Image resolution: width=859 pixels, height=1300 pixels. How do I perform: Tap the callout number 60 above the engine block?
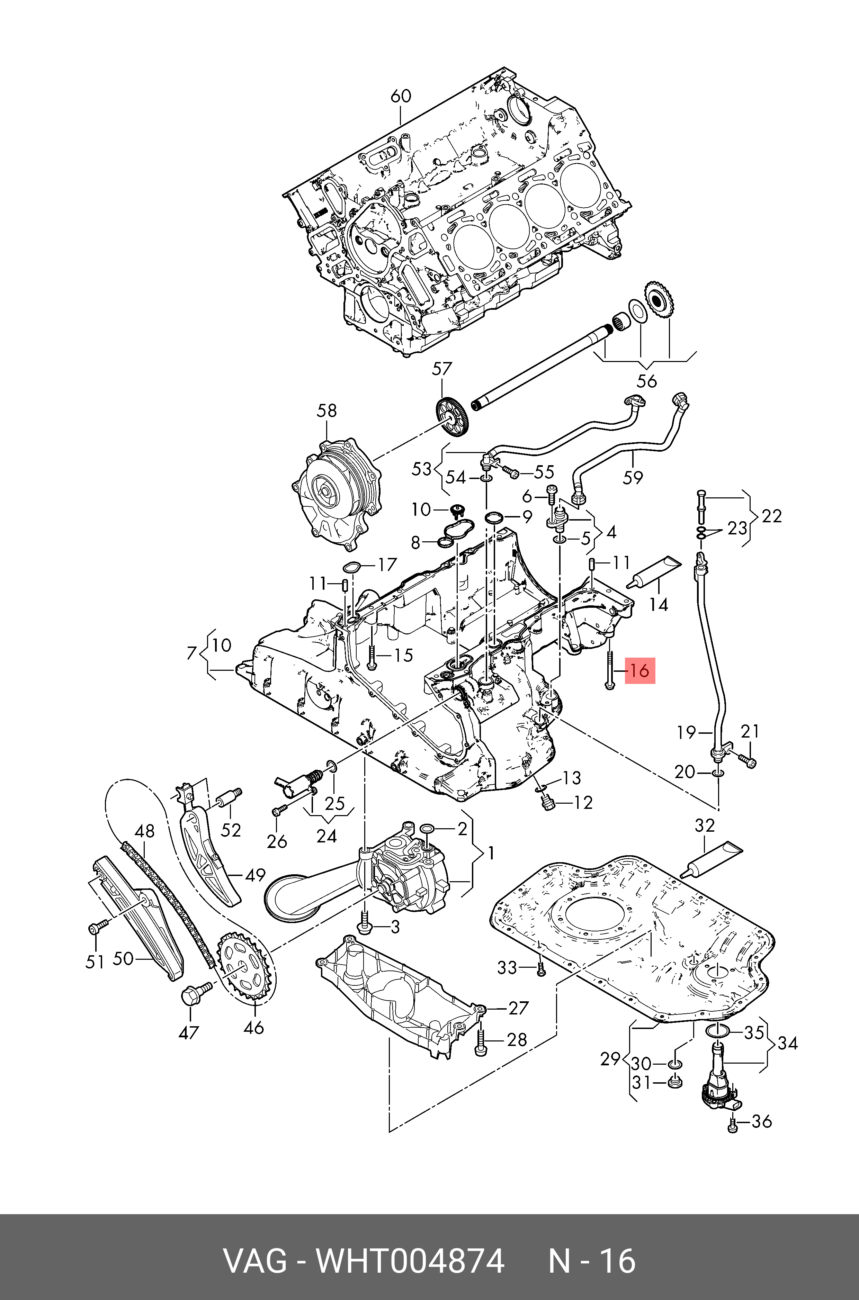pyautogui.click(x=401, y=96)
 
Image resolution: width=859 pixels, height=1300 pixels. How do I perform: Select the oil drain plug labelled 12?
pyautogui.click(x=547, y=803)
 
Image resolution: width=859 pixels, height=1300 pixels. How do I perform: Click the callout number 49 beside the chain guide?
pyautogui.click(x=255, y=876)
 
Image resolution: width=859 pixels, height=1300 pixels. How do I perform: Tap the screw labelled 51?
pyautogui.click(x=95, y=928)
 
